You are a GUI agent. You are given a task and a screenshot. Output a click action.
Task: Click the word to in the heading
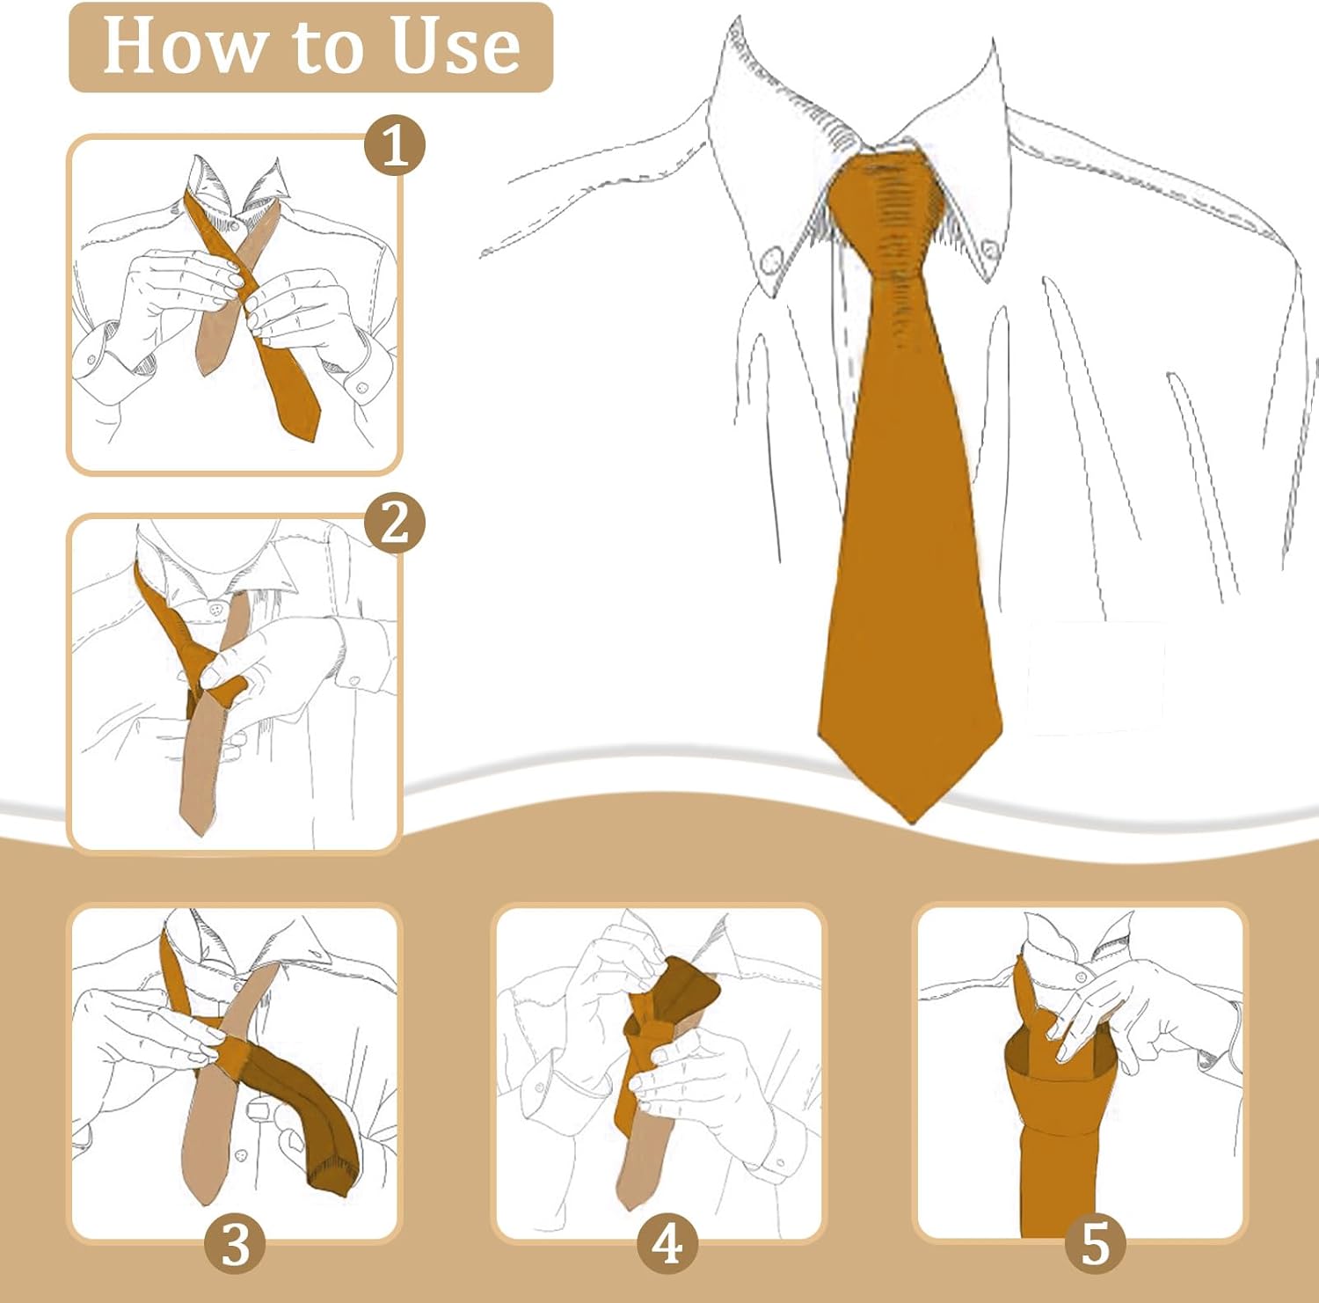point(325,48)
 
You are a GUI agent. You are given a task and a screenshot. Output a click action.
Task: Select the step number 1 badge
point(395,145)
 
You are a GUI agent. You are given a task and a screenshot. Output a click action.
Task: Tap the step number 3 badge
point(235,1244)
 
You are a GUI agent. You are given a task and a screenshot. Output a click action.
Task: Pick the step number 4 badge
point(667,1244)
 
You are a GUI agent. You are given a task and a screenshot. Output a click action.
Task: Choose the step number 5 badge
point(1095,1244)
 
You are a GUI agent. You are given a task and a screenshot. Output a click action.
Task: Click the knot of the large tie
point(888,207)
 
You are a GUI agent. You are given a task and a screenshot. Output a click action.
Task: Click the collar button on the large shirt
point(771,260)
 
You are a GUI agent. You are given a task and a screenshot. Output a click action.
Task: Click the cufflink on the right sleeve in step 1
point(361,387)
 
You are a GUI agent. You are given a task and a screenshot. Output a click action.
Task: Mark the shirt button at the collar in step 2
point(215,607)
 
